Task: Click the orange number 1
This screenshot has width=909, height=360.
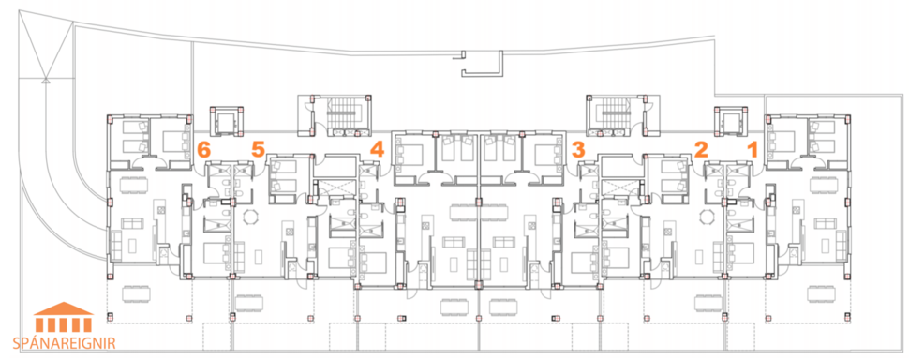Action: [x=751, y=148]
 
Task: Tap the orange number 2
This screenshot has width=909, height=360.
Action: [x=700, y=148]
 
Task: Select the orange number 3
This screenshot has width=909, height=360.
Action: [x=578, y=148]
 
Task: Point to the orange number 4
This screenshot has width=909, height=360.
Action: [x=377, y=148]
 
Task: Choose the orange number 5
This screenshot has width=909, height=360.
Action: [x=258, y=148]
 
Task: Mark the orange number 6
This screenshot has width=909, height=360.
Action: [x=204, y=148]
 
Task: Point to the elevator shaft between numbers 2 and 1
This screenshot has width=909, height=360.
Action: [x=730, y=121]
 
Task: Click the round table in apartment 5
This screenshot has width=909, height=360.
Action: [x=249, y=217]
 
